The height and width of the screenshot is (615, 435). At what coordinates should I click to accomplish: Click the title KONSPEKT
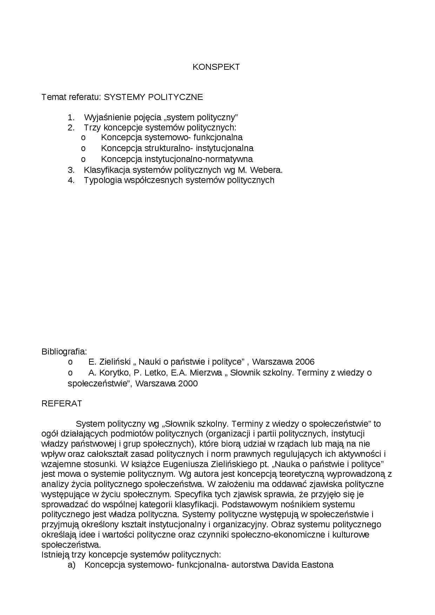pos(216,67)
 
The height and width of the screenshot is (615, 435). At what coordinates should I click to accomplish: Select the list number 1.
pos(71,117)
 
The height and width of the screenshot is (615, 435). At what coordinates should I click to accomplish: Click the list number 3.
pos(71,170)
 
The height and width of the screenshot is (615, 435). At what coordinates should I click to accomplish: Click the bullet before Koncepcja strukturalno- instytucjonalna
pos(83,148)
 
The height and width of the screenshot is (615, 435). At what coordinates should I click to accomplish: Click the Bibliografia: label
pos(64,351)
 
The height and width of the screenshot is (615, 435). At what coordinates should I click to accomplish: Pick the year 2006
pos(305,362)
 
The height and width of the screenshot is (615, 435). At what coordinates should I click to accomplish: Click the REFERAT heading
pos(62,404)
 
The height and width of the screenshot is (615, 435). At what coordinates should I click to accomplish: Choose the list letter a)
pos(71,565)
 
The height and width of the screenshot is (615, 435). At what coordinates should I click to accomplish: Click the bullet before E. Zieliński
pos(70,362)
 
